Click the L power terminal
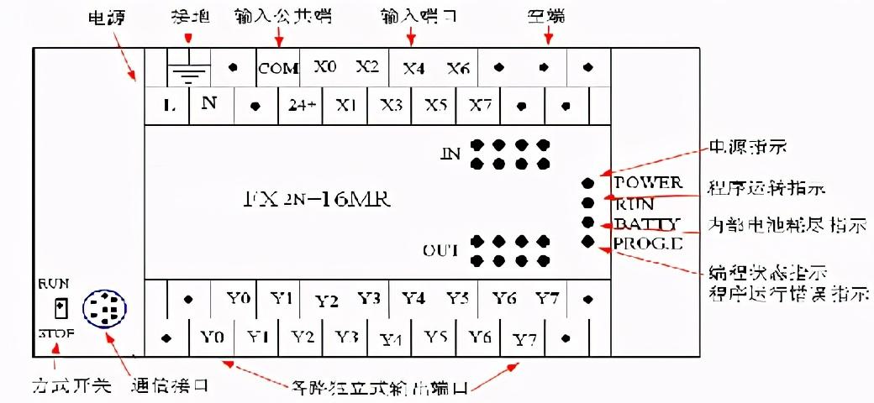[168, 106]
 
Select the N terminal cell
[209, 104]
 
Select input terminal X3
[391, 106]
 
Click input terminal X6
[458, 68]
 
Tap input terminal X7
[480, 106]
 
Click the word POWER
[648, 182]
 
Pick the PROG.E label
[648, 243]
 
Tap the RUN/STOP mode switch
[60, 308]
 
